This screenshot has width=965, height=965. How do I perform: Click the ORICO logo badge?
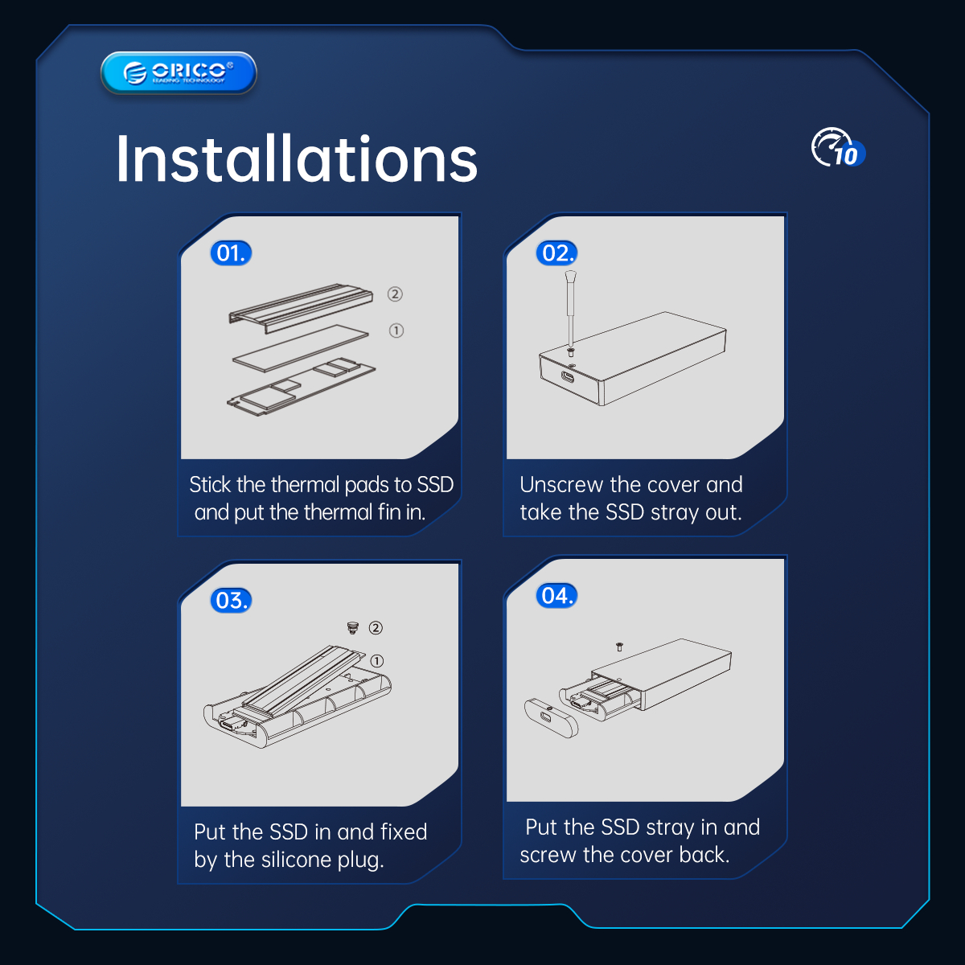(179, 73)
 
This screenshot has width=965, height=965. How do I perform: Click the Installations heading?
(297, 159)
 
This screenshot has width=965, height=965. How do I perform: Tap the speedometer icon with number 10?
(838, 148)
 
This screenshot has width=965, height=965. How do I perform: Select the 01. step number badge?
(231, 253)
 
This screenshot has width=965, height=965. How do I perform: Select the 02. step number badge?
(556, 253)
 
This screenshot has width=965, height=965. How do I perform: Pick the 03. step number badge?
(231, 600)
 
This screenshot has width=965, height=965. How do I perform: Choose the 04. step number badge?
(556, 595)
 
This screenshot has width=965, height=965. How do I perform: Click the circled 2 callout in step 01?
(395, 294)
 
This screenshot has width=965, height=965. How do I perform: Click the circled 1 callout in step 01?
(396, 331)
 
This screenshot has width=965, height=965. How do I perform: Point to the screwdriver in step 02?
(570, 308)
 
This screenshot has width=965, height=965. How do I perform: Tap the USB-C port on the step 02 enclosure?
(568, 377)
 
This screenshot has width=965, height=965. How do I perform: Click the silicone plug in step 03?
(353, 627)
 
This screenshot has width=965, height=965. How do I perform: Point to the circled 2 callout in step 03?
(376, 627)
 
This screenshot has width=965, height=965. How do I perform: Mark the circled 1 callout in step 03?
(377, 661)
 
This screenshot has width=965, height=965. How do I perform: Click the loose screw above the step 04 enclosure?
(619, 647)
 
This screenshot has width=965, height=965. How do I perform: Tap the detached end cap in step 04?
(551, 717)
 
